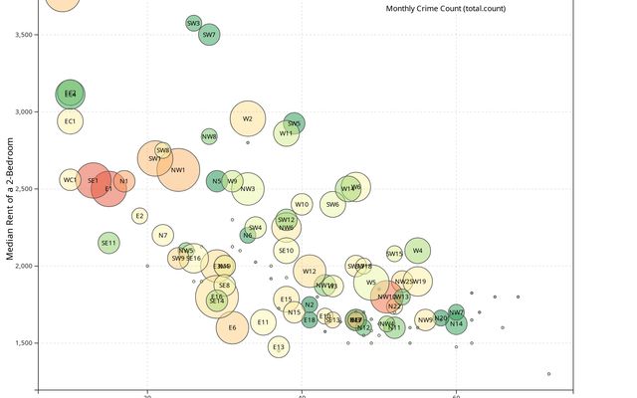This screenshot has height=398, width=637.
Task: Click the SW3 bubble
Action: pyautogui.click(x=193, y=23)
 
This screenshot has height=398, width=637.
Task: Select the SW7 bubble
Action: pyautogui.click(x=209, y=35)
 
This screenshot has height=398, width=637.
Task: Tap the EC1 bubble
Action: pyautogui.click(x=70, y=121)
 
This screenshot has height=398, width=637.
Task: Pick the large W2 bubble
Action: pyautogui.click(x=247, y=119)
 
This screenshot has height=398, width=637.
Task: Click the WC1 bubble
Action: pyautogui.click(x=70, y=180)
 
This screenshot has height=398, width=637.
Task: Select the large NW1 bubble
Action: pyautogui.click(x=178, y=170)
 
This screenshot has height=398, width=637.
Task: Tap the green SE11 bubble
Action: pyautogui.click(x=108, y=243)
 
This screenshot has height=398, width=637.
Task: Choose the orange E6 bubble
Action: pyautogui.click(x=232, y=327)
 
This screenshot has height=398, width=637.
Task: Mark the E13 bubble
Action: pyautogui.click(x=279, y=347)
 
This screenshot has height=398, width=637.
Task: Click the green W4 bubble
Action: pyautogui.click(x=417, y=251)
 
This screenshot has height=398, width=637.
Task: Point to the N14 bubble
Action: pyautogui.click(x=456, y=323)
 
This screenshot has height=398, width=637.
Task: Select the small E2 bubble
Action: pyautogui.click(x=139, y=215)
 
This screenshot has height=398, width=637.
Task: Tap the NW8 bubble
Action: pyautogui.click(x=209, y=136)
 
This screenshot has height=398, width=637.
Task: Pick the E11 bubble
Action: pyautogui.click(x=263, y=321)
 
